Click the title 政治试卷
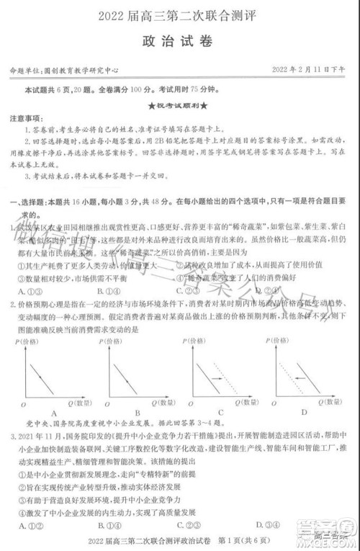coord(180,42)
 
